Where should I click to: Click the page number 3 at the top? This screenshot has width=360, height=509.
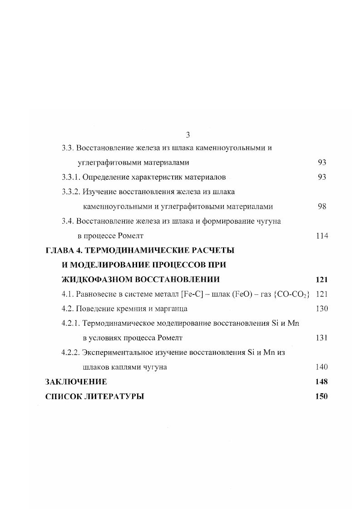click(187, 135)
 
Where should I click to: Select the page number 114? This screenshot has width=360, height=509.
click(321, 235)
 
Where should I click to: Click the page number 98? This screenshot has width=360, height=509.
click(322, 206)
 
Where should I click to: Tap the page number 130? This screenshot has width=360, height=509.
click(321, 308)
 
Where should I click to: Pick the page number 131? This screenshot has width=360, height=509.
click(321, 338)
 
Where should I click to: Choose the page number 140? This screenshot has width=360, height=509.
click(321, 367)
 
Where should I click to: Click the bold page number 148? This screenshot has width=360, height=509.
click(321, 382)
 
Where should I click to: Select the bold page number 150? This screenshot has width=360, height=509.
click(321, 396)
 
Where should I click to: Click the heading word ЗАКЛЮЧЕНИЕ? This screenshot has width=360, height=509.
click(76, 382)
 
